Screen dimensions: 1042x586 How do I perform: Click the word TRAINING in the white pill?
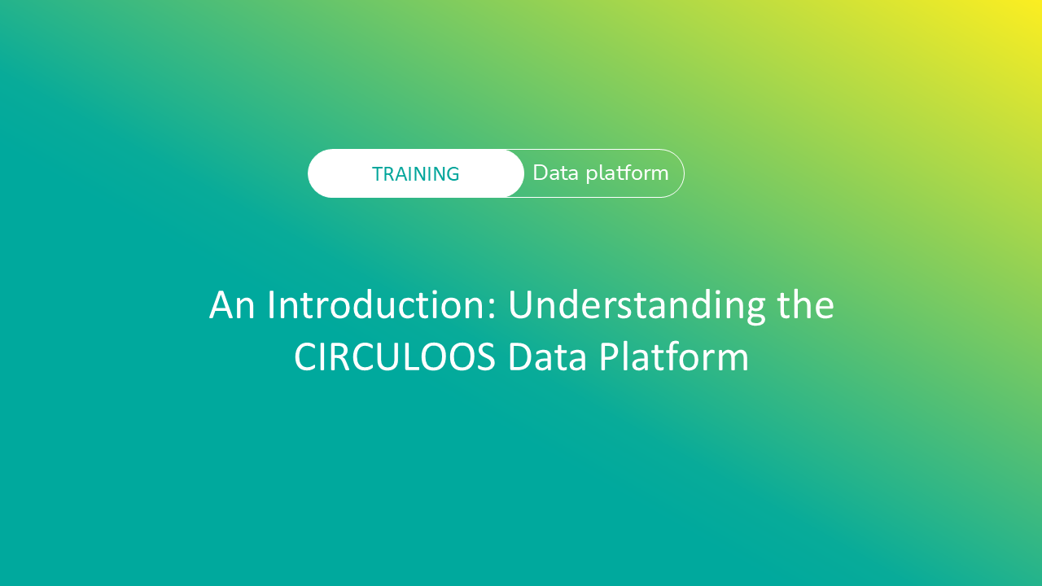415,174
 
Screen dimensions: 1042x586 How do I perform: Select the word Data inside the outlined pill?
555,173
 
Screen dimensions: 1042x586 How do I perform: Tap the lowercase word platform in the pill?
627,173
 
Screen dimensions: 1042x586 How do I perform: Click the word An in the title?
232,305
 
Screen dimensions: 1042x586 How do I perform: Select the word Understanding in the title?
637,307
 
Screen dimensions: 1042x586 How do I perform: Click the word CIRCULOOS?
395,357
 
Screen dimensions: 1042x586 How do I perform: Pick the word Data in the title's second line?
547,357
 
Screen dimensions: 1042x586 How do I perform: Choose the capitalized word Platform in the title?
673,356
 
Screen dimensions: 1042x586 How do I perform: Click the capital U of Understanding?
521,305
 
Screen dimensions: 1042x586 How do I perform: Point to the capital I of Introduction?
271,305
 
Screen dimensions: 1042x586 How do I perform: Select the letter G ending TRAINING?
452,174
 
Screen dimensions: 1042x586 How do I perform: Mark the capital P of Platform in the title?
610,357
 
